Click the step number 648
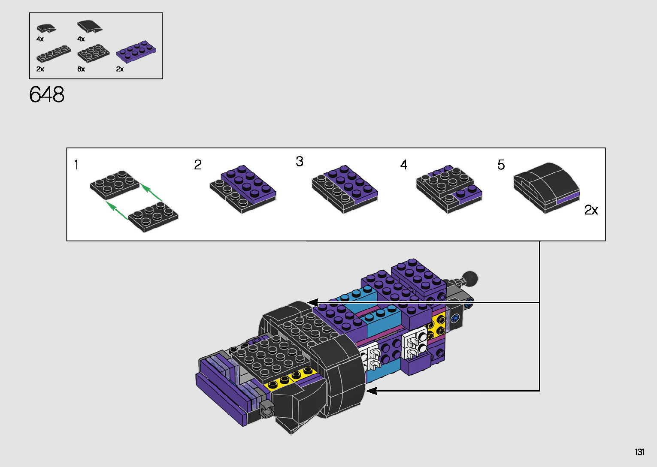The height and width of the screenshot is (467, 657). pos(47,94)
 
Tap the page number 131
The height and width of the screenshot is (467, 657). pos(639,452)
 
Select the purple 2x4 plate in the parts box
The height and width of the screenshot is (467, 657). pos(136,51)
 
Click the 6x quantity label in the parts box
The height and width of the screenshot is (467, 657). pos(81,69)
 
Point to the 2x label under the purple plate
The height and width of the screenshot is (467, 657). pos(120,69)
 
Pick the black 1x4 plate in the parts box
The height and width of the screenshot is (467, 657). pos(54,53)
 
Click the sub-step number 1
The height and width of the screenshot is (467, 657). pos(76,165)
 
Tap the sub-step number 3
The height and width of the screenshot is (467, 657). pos(300,161)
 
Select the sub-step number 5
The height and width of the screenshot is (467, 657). pos(501,165)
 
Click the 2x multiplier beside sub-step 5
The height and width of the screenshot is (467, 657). pos(591,210)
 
